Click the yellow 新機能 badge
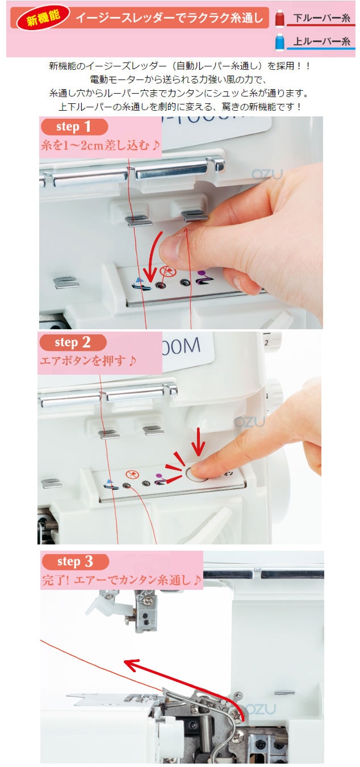(x=44, y=18)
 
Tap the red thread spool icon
(x=280, y=18)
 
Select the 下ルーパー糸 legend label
(x=321, y=18)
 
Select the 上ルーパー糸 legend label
(x=321, y=41)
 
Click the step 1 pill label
(x=74, y=127)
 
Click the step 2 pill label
(x=73, y=342)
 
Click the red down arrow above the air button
(x=198, y=442)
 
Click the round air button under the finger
(x=196, y=475)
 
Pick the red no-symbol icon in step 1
(x=168, y=272)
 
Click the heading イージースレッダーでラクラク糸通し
(x=169, y=18)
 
